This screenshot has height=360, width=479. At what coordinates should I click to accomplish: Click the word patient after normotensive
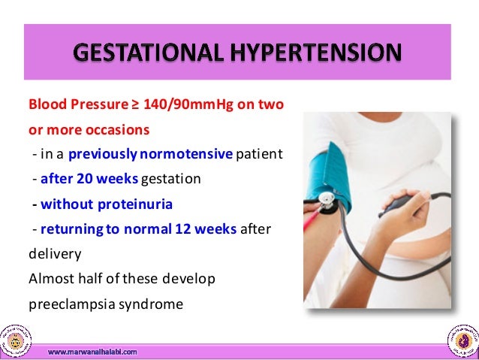[259, 155]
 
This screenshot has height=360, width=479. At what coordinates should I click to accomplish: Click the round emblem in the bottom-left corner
[16, 340]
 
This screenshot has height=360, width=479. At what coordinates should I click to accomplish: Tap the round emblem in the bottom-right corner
[462, 340]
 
